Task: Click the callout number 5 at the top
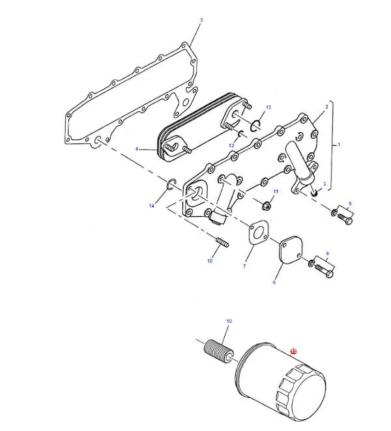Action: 201,20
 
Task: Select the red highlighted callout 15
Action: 294,351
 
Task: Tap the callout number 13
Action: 268,107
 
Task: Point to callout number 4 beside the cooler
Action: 136,149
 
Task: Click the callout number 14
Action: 152,206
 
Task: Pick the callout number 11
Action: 276,191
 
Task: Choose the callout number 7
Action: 244,266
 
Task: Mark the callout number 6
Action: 274,283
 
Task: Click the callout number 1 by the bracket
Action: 339,145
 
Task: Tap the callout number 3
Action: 325,184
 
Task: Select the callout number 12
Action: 231,145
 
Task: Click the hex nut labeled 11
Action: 266,205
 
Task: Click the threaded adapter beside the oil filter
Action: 219,354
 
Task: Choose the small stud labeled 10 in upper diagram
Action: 222,242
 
